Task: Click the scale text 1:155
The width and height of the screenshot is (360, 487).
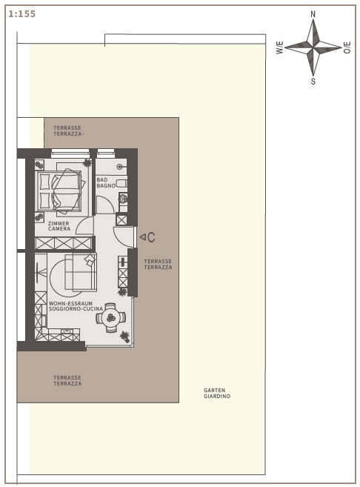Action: pos(21,14)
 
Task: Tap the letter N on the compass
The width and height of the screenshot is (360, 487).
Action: pos(313,14)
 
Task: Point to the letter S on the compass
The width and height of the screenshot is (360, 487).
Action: pos(313,82)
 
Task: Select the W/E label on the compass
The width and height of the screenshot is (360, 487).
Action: pos(279,47)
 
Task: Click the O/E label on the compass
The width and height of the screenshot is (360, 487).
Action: pos(347,47)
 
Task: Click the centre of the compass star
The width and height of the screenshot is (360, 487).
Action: pos(313,48)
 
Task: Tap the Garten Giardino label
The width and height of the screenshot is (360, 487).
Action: pos(217,393)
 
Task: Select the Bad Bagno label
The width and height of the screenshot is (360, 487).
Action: pos(106,182)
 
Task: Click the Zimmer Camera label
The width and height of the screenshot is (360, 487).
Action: pos(59,226)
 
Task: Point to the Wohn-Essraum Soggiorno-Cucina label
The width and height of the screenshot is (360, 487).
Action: pos(76,306)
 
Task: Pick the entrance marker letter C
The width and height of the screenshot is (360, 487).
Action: pos(151,237)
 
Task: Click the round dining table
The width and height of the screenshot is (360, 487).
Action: pos(111,317)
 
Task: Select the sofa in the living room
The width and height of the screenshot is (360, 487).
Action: pos(81,272)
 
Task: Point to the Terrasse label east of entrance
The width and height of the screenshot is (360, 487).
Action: pos(158,265)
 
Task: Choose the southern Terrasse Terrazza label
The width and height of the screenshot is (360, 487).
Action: pos(67,380)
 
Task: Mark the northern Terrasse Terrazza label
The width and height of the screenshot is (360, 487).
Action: pos(67,130)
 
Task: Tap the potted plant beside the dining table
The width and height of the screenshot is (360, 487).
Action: pos(124,336)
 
